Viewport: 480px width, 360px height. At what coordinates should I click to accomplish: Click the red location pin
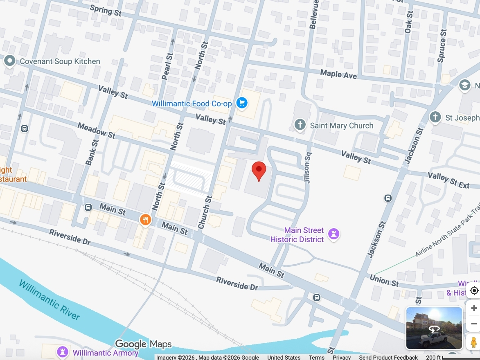tap(258, 171)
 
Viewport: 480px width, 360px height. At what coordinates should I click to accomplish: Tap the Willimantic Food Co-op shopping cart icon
tap(242, 103)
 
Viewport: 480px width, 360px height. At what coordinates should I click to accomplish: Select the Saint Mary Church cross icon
tap(300, 125)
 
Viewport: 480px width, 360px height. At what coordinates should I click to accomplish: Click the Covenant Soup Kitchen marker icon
tap(9, 61)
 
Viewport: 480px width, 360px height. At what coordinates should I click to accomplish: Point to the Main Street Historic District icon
tap(334, 234)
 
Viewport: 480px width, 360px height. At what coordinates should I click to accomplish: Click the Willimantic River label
tap(49, 300)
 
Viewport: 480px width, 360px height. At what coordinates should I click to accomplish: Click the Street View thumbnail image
tap(434, 328)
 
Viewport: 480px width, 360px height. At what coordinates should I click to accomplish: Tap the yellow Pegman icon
tap(473, 342)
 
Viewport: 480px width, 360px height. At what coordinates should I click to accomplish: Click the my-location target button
tap(474, 290)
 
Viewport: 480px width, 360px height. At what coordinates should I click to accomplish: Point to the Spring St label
tap(106, 11)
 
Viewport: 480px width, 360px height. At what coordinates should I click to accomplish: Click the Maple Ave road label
tap(338, 74)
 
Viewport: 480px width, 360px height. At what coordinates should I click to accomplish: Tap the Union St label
tap(384, 281)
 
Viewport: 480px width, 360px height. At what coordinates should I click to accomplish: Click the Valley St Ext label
tap(448, 180)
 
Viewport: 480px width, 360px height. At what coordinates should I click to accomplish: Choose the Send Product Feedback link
tap(388, 357)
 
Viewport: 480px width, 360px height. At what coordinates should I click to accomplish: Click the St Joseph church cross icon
tap(435, 117)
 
